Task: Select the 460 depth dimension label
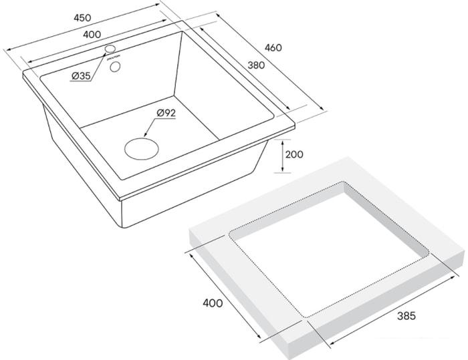273,47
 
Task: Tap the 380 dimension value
257,65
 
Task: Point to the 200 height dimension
294,154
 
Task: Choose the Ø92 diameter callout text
166,114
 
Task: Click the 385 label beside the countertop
405,316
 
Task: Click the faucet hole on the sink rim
111,49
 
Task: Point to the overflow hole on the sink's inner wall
116,66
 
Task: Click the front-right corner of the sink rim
294,126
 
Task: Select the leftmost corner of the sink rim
24,73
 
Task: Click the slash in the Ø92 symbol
160,114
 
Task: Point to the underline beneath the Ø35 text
80,83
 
